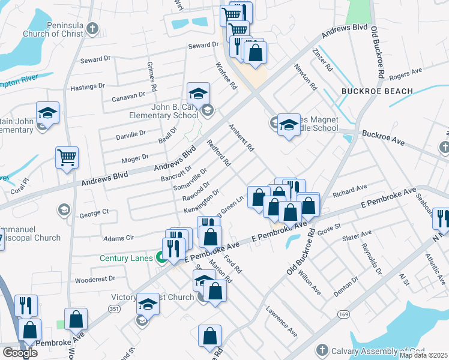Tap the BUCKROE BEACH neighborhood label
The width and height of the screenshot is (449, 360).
[377, 91]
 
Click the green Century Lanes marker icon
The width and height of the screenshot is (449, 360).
[161, 259]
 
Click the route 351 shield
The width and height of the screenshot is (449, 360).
[113, 308]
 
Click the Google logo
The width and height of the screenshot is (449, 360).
[20, 353]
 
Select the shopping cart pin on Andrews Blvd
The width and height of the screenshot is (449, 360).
[67, 158]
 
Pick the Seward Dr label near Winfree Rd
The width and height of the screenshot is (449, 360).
[203, 45]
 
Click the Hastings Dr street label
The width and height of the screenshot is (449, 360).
[88, 86]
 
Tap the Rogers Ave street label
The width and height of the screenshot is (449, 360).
[405, 74]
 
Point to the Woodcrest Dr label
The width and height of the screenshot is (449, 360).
[95, 279]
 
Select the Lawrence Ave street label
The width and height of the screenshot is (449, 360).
[282, 323]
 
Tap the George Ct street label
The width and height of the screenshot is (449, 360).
[94, 212]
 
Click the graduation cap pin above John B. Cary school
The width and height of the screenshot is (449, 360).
[198, 93]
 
